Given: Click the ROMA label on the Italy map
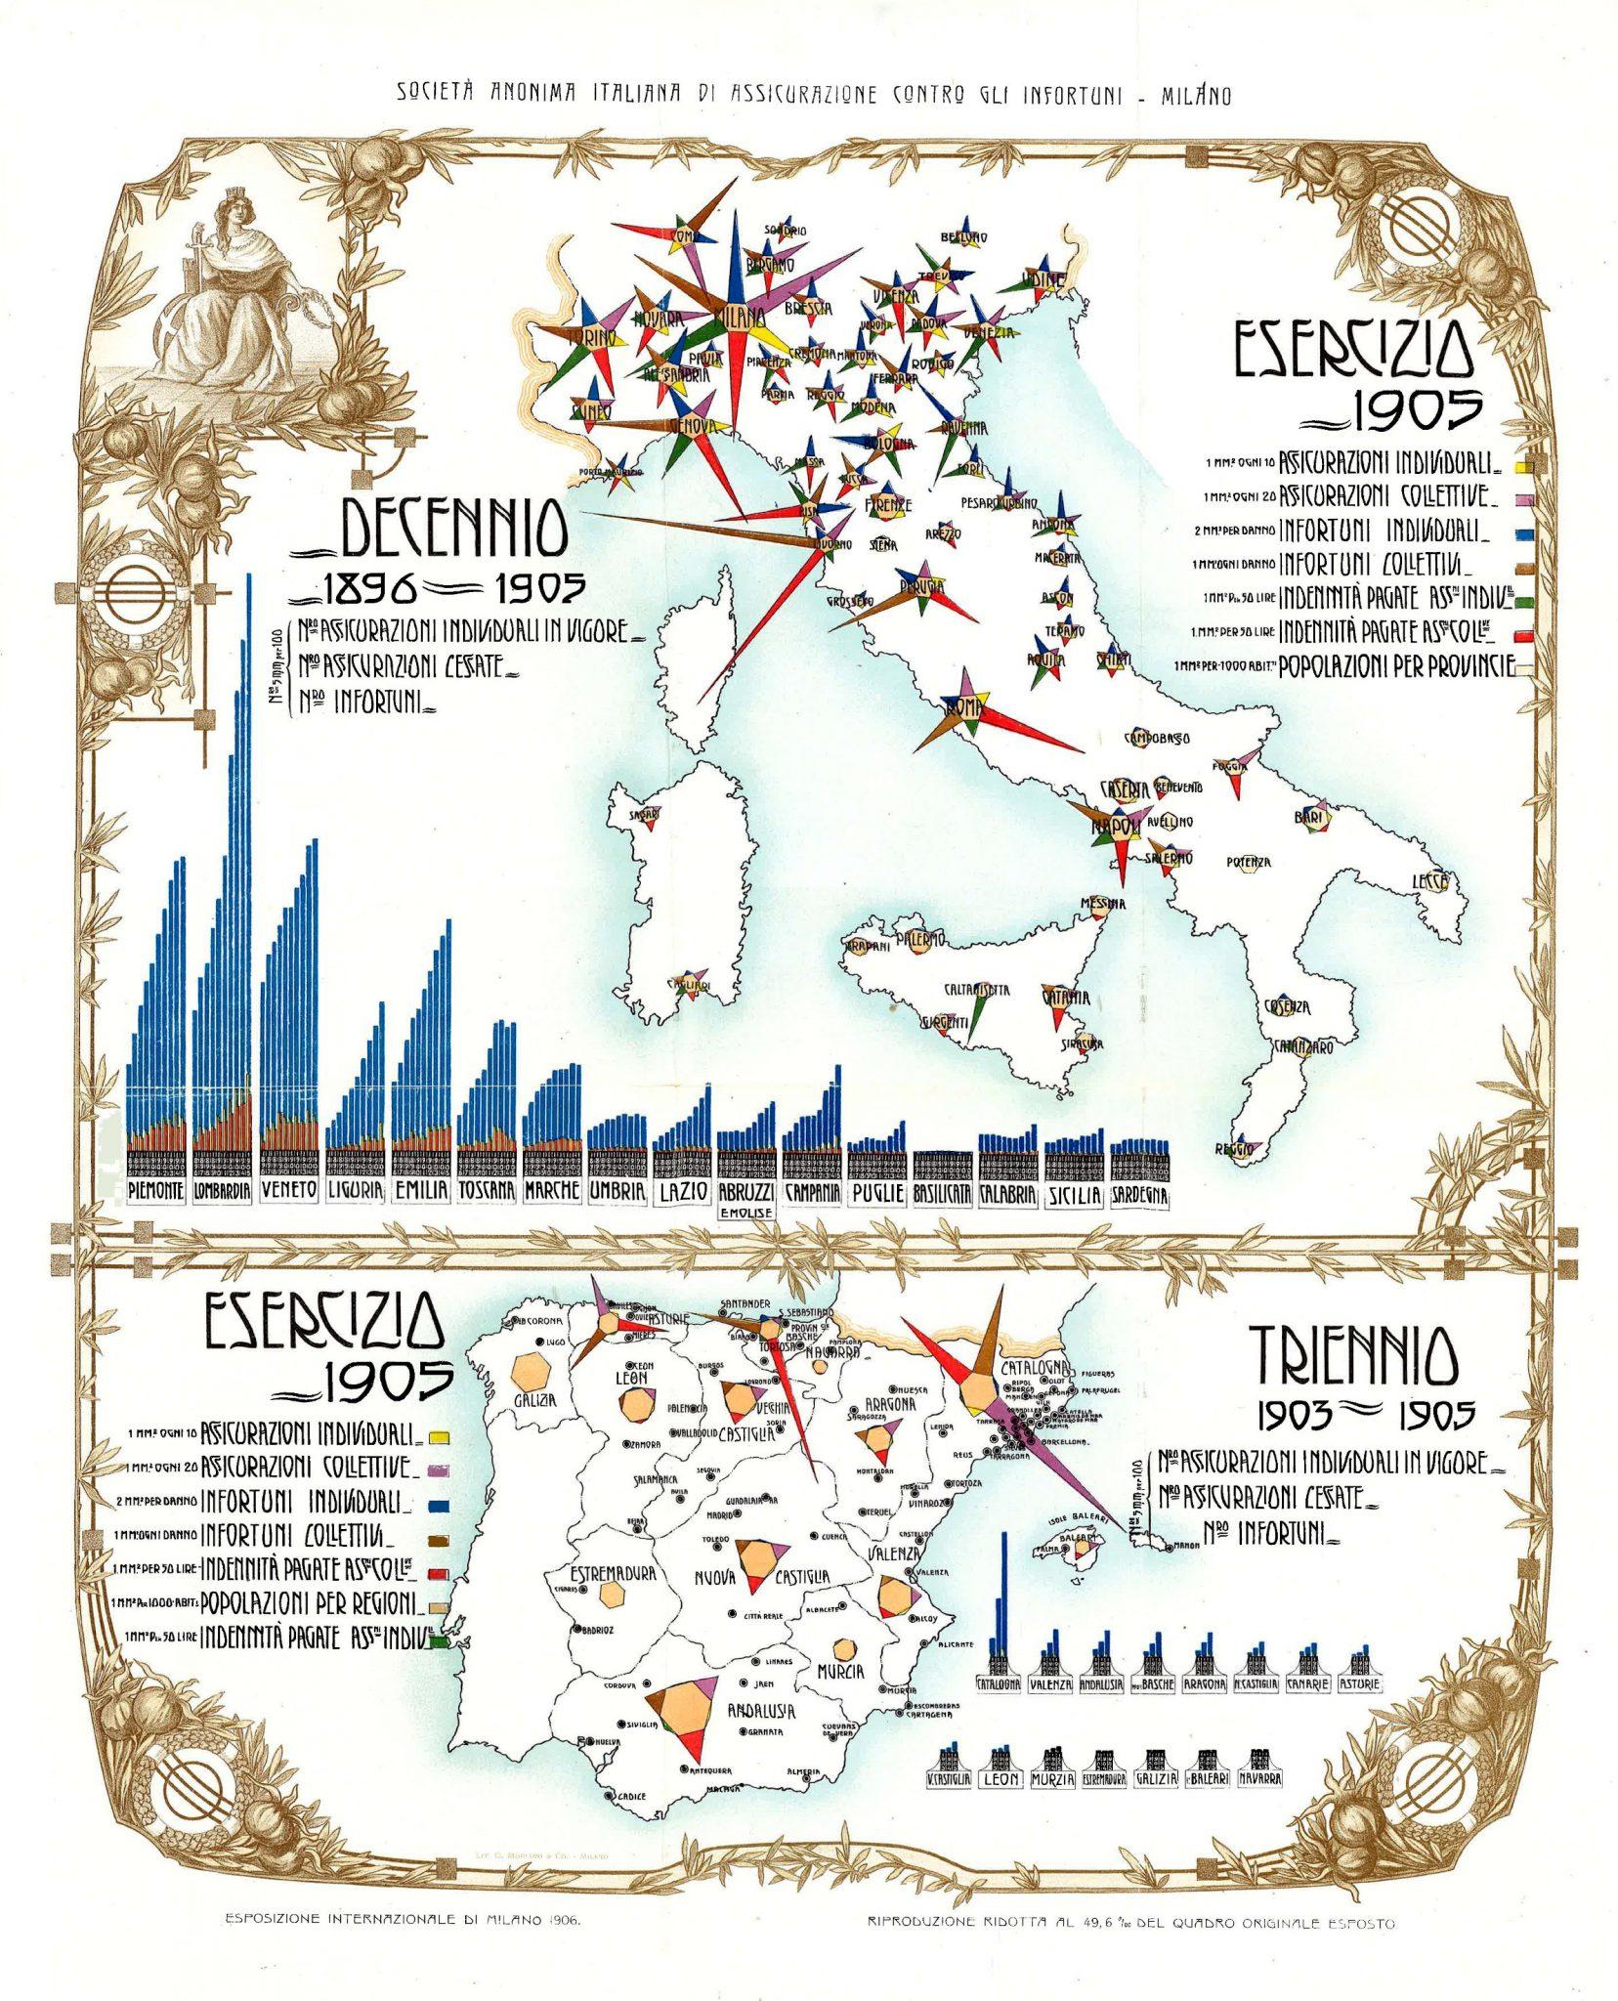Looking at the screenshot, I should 963,705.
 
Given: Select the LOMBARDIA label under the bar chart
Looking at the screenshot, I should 223,1192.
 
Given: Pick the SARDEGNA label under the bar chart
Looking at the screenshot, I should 1140,1195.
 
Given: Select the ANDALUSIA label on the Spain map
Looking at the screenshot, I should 760,1711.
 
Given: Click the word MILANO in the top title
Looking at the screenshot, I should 1196,96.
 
